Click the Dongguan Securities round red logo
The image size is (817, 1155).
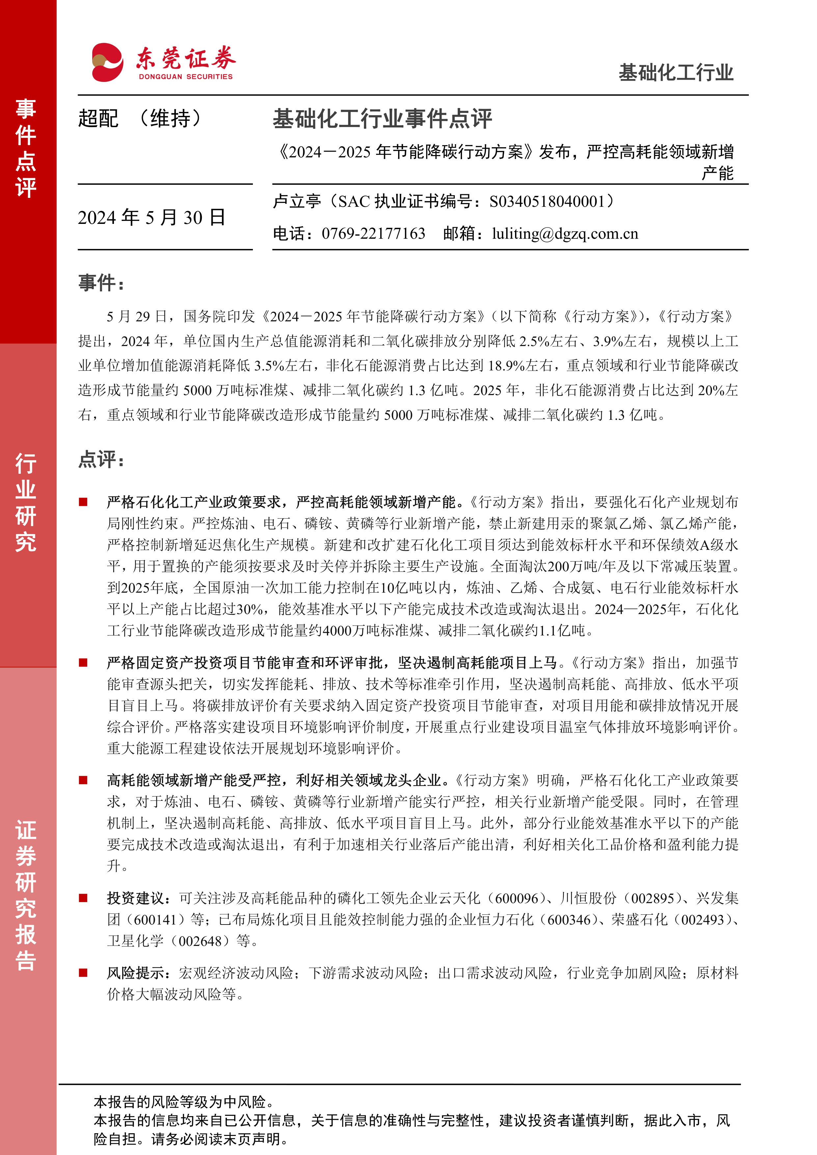click(x=107, y=62)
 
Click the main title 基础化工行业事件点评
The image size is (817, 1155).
click(x=382, y=119)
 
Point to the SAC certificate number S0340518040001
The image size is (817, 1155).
click(x=546, y=202)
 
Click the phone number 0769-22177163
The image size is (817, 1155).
click(x=373, y=233)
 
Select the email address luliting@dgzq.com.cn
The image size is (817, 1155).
click(x=565, y=233)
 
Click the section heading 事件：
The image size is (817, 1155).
click(x=101, y=283)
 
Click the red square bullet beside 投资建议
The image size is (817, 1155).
click(x=83, y=898)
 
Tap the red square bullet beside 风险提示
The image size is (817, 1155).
click(x=83, y=973)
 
